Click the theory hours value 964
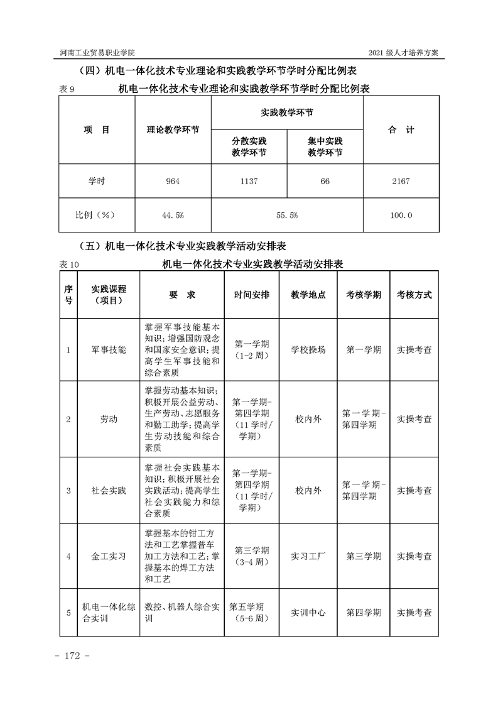click(x=173, y=182)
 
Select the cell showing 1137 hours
click(x=249, y=182)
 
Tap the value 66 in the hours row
click(x=325, y=182)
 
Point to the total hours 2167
click(x=400, y=182)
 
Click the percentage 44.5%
click(x=173, y=216)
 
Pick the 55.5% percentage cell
click(x=287, y=216)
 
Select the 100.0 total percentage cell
click(x=401, y=216)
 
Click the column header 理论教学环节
click(x=173, y=130)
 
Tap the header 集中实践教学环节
click(x=325, y=147)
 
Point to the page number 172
click(x=73, y=656)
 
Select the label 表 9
click(x=67, y=90)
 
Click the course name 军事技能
click(x=109, y=350)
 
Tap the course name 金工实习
click(x=109, y=556)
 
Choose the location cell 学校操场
click(x=308, y=350)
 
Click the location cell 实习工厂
click(x=308, y=556)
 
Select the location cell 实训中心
click(x=308, y=612)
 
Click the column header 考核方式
click(x=414, y=295)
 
